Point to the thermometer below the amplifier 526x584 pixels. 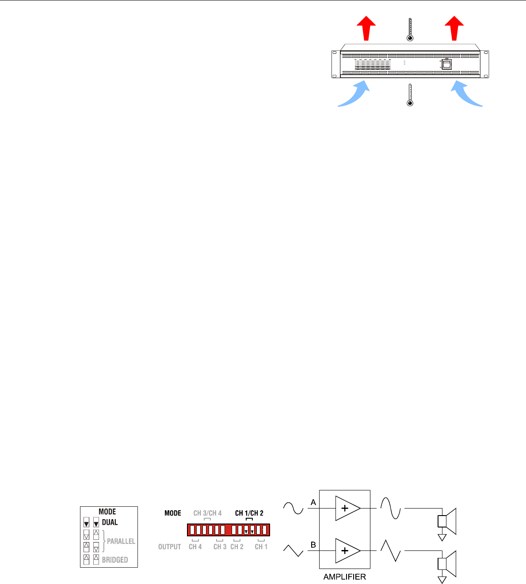tap(410, 95)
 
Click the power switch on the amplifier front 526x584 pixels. tap(447, 64)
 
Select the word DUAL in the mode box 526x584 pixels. tap(110, 523)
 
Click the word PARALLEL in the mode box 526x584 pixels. tap(121, 541)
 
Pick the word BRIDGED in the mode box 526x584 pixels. tap(115, 560)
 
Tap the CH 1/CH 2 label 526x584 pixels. tap(249, 513)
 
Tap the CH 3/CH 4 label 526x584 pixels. tap(207, 513)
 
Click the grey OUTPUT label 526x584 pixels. tap(170, 546)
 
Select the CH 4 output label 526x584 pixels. tap(195, 546)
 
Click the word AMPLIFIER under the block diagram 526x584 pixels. tap(345, 576)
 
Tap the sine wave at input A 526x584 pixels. tap(293, 508)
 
